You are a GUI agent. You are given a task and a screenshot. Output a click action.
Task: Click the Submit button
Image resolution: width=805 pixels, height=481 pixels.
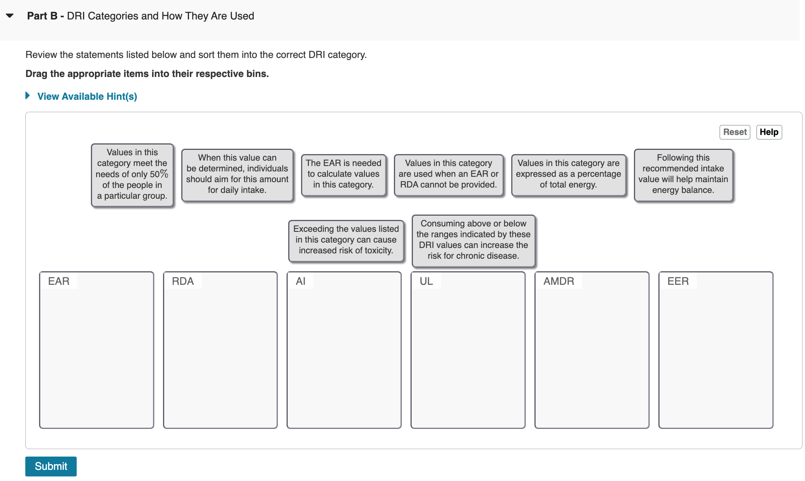(x=51, y=466)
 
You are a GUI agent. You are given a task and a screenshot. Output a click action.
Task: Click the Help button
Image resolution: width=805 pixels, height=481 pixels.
(x=769, y=132)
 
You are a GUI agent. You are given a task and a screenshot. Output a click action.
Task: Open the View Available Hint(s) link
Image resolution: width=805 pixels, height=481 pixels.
(x=87, y=96)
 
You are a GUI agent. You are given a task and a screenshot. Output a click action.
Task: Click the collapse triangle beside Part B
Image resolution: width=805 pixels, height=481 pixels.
(x=10, y=16)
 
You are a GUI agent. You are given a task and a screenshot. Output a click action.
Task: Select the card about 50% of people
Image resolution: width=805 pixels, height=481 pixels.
(x=132, y=174)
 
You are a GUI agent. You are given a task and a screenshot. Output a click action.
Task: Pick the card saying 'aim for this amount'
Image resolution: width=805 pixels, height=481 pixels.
(x=237, y=174)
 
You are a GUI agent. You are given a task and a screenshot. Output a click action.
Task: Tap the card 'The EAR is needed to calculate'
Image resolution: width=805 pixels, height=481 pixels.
(x=343, y=174)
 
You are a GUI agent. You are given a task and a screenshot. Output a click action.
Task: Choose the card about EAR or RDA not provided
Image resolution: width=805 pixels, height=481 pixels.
(x=449, y=174)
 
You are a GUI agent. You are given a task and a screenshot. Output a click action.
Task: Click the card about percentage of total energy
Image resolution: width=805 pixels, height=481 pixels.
(x=568, y=174)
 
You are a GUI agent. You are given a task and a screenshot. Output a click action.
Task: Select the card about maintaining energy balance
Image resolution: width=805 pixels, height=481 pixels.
(x=683, y=174)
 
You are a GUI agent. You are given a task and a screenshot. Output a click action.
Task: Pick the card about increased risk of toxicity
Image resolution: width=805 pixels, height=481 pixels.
(x=346, y=240)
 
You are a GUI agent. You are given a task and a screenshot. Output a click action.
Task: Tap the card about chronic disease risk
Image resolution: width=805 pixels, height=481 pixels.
(x=473, y=240)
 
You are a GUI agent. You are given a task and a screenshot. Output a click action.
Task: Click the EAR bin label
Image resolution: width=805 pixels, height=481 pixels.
(x=58, y=281)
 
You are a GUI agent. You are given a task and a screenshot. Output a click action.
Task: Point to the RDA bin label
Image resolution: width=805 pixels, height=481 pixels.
(x=182, y=281)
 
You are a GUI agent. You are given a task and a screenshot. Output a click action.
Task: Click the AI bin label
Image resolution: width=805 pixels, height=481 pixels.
(x=301, y=281)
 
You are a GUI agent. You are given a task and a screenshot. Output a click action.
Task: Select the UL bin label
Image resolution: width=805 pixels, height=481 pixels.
(x=426, y=281)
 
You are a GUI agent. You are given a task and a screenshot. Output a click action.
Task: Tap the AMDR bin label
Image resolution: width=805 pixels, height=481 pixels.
(x=558, y=281)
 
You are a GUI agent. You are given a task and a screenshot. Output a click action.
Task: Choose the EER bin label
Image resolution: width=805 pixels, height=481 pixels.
(x=677, y=281)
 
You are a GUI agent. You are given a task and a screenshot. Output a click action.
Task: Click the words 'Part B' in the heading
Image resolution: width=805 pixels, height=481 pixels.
(x=42, y=16)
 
